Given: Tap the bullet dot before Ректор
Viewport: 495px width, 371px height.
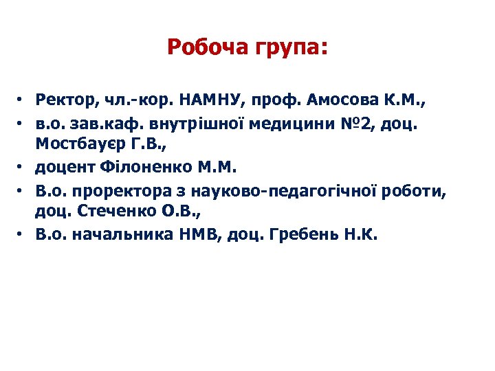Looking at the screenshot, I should click(23, 101).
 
